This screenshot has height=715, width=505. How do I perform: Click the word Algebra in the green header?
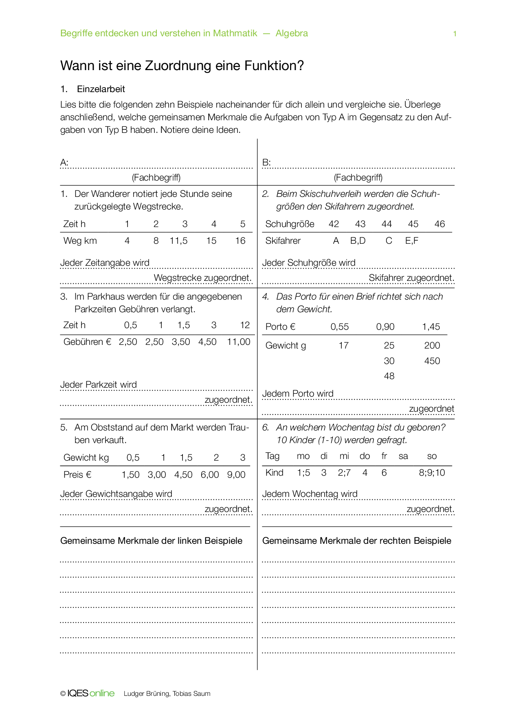pos(292,33)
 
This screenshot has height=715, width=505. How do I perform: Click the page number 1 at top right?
pos(455,34)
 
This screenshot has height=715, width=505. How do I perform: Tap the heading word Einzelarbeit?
pos(101,89)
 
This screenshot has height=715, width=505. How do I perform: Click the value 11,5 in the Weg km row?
pos(178,241)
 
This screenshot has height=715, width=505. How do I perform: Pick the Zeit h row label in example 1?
pos(75,224)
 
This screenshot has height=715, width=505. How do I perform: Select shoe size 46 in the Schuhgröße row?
pos(439,224)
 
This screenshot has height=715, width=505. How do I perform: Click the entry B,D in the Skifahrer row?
pos(358,241)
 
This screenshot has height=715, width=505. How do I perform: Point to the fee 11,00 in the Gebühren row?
pos(239,342)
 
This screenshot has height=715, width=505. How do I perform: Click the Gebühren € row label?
pos(87,342)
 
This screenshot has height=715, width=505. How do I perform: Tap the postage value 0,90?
pos(385,327)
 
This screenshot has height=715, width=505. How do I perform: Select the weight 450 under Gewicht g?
pos(432,361)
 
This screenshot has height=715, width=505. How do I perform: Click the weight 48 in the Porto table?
pos(389,376)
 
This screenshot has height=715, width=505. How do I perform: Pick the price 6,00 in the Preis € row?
pos(210,475)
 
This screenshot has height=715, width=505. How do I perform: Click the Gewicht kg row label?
pos(86,458)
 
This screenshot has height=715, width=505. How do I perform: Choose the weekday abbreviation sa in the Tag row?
pos(403,456)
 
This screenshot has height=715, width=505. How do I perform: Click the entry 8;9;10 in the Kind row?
pos(432,473)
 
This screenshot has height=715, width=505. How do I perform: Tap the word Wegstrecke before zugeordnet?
pos(178,278)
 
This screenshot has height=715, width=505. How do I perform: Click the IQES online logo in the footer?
pos(91,693)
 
